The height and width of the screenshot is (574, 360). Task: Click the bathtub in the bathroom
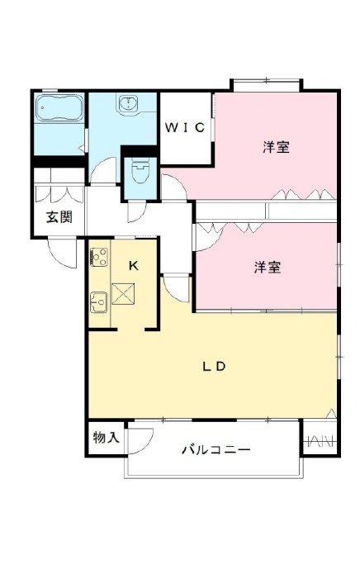click(59, 107)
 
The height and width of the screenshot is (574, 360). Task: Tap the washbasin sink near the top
click(127, 102)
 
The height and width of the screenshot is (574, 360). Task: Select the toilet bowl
click(140, 172)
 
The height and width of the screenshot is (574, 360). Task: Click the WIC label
click(184, 127)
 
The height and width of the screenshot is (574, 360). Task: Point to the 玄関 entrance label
click(59, 217)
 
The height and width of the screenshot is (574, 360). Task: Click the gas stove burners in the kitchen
click(99, 257)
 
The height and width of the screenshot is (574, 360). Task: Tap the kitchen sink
click(98, 302)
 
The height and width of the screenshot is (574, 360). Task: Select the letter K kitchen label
click(134, 266)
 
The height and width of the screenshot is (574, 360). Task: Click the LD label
click(214, 367)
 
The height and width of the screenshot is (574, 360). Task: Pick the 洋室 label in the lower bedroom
click(268, 268)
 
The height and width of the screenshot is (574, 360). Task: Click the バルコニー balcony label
click(216, 449)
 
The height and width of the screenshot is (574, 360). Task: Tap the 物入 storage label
click(106, 437)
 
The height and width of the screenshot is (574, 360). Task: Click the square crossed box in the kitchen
click(123, 294)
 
